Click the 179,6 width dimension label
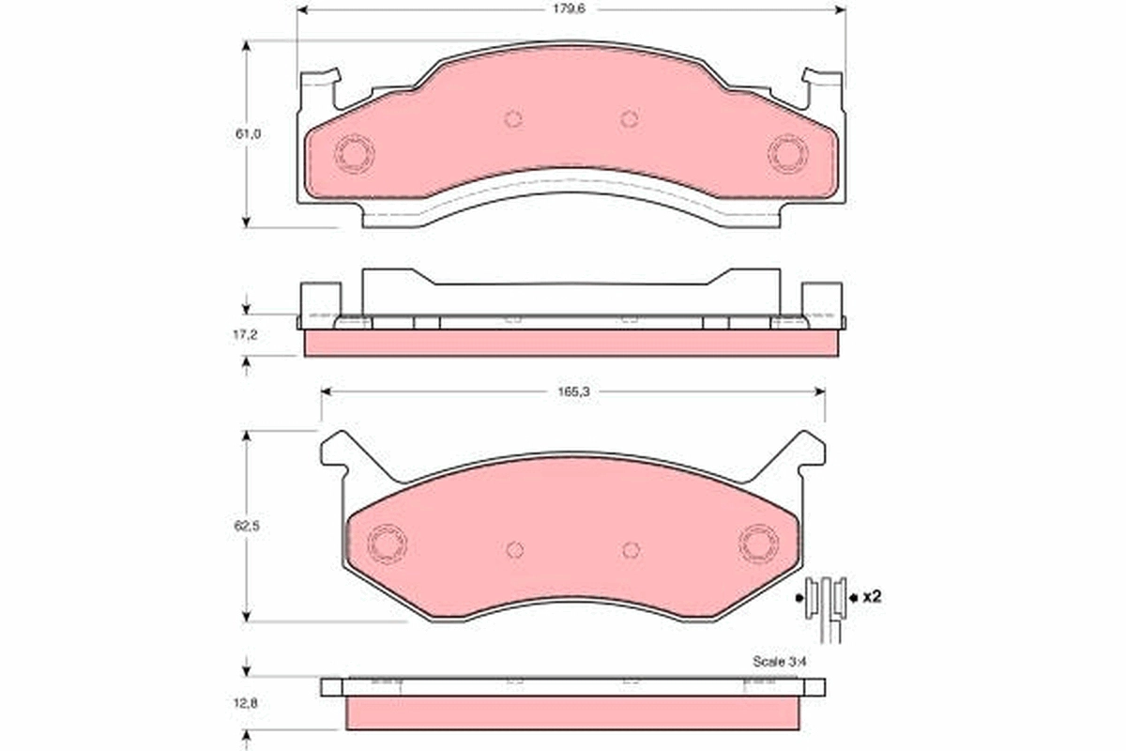(569, 9)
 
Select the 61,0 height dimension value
(248, 134)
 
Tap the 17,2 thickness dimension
(245, 334)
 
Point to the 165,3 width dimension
(573, 391)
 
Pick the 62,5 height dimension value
(246, 526)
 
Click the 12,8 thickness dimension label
(245, 703)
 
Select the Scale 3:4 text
(779, 662)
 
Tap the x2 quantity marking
(872, 597)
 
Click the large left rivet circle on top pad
(355, 153)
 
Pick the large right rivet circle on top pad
(787, 153)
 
